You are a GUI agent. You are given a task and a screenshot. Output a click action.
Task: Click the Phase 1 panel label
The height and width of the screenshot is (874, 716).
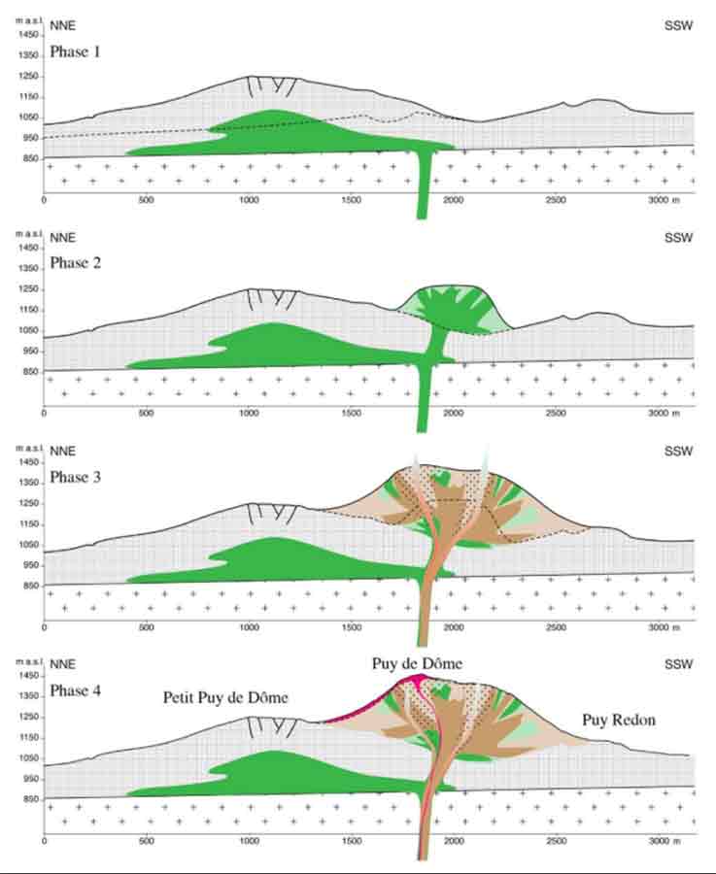[76, 50]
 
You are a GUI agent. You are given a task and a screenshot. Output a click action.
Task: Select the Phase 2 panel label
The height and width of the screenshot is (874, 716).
[76, 263]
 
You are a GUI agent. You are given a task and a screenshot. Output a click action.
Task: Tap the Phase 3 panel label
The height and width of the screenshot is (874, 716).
[76, 478]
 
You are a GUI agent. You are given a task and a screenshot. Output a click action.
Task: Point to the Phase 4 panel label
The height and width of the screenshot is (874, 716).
[76, 691]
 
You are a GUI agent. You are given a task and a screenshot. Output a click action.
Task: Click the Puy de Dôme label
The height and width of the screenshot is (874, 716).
[417, 663]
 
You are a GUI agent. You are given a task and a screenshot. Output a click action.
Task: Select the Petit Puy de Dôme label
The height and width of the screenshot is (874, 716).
[225, 697]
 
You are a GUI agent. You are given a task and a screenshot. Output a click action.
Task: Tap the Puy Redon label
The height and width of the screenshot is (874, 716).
[618, 721]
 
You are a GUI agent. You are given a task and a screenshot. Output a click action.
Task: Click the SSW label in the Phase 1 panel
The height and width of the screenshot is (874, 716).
[678, 25]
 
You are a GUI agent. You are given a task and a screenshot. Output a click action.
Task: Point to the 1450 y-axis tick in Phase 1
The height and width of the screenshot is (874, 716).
[27, 33]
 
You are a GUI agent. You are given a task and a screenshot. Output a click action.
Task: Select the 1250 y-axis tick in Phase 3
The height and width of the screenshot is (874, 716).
[27, 503]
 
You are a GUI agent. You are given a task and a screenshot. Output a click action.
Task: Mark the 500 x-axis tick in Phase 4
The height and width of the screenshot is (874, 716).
[147, 840]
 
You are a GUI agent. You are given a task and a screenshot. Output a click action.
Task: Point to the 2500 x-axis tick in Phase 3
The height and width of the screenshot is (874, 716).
[556, 626]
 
